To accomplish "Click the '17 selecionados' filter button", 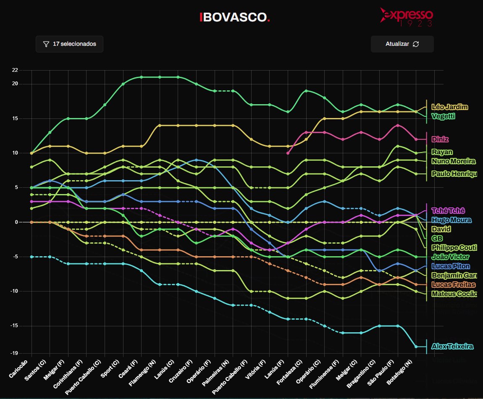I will tap(69, 44).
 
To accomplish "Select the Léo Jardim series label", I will tap(449, 107).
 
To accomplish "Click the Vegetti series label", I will tap(443, 116).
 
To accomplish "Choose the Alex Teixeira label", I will tap(452, 346).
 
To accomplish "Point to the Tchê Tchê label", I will tap(448, 211).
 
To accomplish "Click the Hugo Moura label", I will tap(451, 220).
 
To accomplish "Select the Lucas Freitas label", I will tap(453, 285).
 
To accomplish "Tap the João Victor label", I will tap(450, 257).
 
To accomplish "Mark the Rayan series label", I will tap(442, 152).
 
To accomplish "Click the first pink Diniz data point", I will tap(288, 153).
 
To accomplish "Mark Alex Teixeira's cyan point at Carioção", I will tap(31, 257).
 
